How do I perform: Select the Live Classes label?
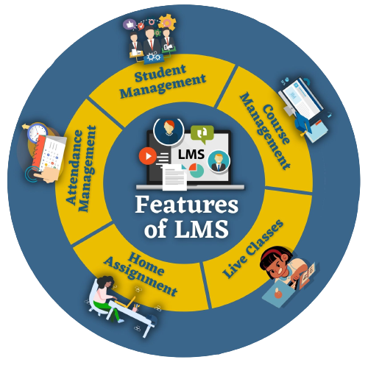tap(253, 249)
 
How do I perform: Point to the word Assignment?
tap(141, 277)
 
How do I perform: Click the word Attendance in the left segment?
tap(74, 167)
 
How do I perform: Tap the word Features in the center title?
tap(186, 205)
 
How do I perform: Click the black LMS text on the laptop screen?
tap(191, 155)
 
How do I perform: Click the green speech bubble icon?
tap(202, 134)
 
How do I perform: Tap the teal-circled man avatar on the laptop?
tap(219, 161)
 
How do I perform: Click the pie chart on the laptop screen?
tap(197, 170)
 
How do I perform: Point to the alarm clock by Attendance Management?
tap(37, 133)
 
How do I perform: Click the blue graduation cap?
tap(304, 123)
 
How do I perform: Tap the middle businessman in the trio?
tap(150, 41)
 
